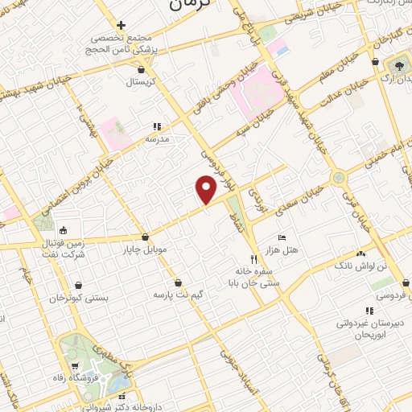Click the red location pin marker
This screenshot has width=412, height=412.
tap(207, 189)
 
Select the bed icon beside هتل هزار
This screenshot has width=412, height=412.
tap(280, 238)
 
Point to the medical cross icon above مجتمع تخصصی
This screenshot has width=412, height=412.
tap(121, 24)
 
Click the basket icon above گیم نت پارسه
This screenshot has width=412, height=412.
tap(178, 282)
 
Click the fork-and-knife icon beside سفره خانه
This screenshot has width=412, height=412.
tap(253, 259)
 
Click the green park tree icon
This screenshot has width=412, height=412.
tap(400, 64)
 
